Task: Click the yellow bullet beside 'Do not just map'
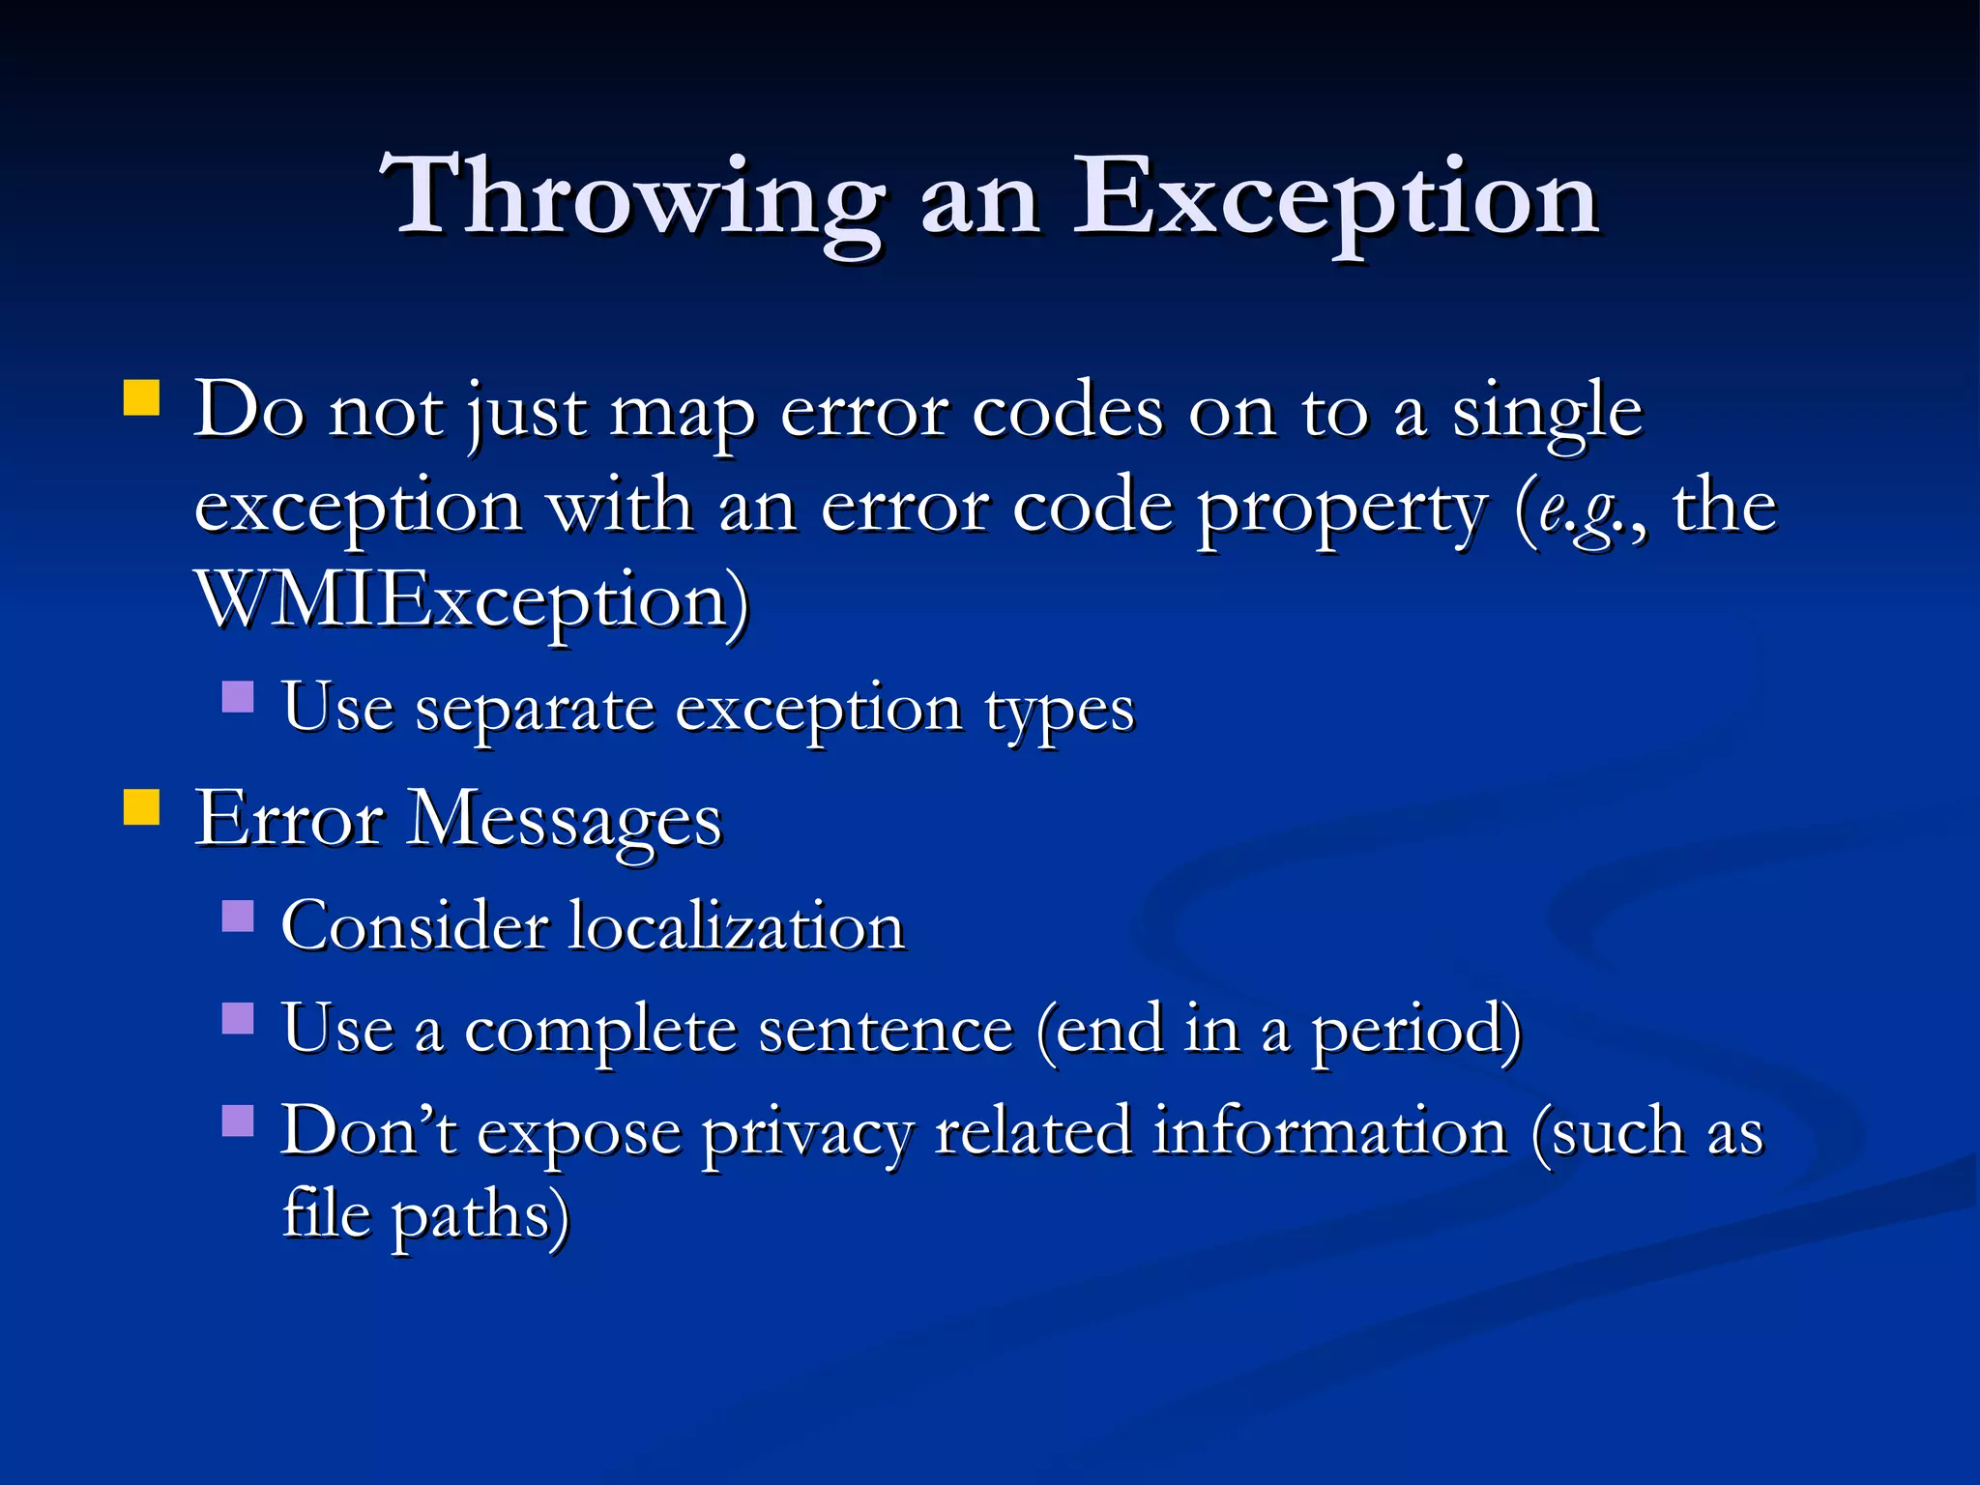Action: tap(142, 397)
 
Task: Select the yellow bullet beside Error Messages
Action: tap(142, 806)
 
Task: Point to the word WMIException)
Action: tap(472, 601)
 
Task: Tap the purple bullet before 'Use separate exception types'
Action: tap(238, 696)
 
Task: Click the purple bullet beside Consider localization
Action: tap(238, 915)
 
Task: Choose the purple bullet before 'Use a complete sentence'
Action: tap(238, 1017)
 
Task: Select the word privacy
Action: tap(806, 1133)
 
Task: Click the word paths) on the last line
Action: tap(480, 1216)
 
